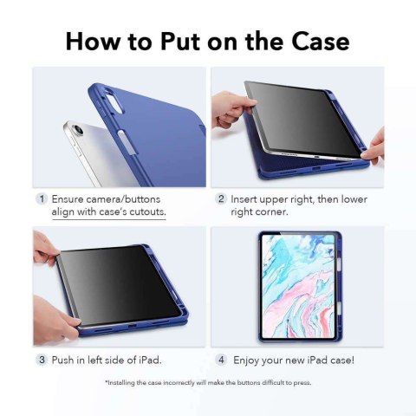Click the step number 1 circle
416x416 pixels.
[40, 198]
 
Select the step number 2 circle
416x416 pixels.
[222, 198]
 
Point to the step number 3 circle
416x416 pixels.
[40, 358]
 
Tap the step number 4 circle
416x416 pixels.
[222, 358]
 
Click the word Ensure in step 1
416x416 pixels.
[70, 198]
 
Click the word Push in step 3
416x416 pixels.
[66, 358]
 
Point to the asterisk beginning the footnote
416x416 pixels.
[106, 382]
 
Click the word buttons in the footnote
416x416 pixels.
[252, 382]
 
